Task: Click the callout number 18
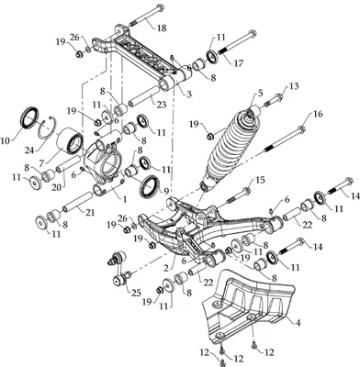162,28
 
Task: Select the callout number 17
238,63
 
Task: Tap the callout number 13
293,86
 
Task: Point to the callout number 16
318,114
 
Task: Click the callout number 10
6,140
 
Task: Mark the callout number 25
136,293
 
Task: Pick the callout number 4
298,322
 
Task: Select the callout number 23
162,105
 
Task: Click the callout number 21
90,212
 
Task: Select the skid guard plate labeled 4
248,309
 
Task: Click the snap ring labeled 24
48,134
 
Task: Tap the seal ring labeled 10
29,117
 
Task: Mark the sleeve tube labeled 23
143,95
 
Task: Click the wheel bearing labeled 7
71,141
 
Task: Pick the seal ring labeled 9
150,186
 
